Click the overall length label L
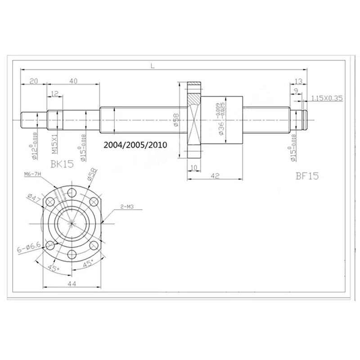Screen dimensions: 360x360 pos(153,66)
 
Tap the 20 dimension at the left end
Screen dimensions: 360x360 pos(33,81)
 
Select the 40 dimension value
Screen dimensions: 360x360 pos(74,81)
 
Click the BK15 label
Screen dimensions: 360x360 pos(61,164)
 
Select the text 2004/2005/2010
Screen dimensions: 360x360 pos(135,145)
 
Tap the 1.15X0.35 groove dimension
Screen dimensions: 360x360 pos(327,97)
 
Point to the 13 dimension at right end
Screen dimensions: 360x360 pos(297,81)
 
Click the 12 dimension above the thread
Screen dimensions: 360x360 pos(55,94)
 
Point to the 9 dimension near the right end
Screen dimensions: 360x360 pos(295,90)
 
